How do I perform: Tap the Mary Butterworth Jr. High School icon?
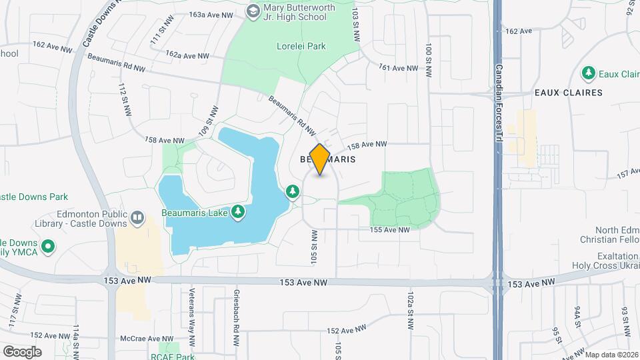[x=253, y=11]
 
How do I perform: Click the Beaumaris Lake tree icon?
[x=237, y=212]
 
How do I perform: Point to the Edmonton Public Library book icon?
[x=137, y=218]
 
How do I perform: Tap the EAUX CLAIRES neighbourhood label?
[x=568, y=93]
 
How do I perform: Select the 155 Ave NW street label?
[x=390, y=230]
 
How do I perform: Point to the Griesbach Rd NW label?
[x=236, y=317]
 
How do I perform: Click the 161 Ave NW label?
[x=398, y=68]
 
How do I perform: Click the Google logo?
[x=22, y=351]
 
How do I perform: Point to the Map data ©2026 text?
[x=611, y=355]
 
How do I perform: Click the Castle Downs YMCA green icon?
[x=47, y=247]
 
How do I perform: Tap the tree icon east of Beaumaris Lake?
[x=293, y=193]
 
